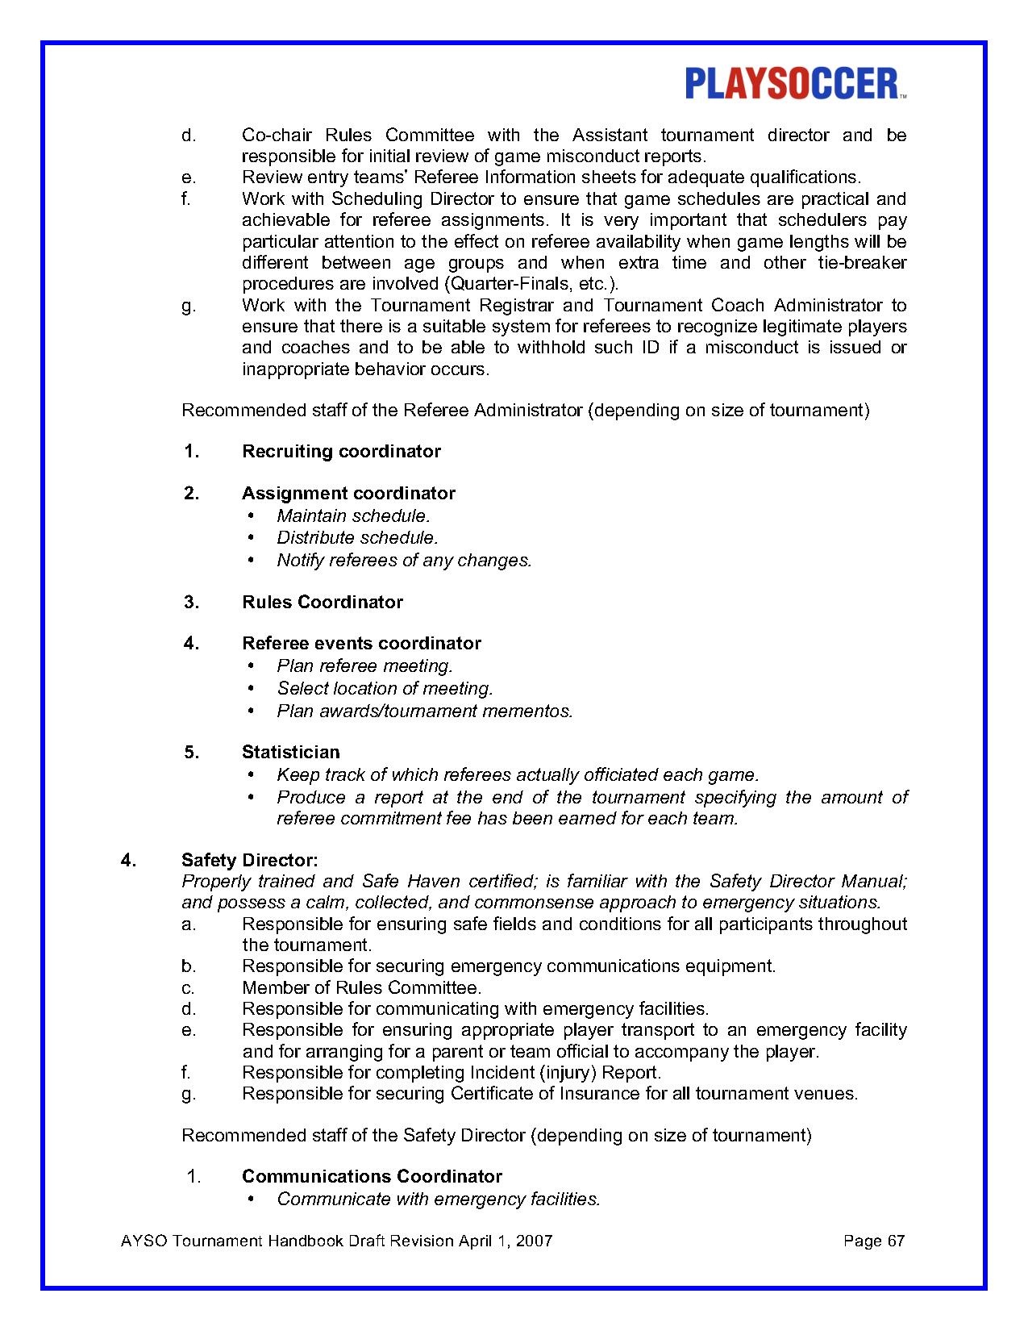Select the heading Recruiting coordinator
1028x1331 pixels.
[x=341, y=451]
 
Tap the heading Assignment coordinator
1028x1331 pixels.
[x=348, y=493]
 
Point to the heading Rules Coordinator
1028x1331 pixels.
[x=323, y=602]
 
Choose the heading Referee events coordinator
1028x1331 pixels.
[x=361, y=643]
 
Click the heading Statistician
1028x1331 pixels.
[x=291, y=752]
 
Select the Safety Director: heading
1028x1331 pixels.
[x=249, y=860]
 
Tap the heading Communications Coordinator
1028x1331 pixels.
[x=372, y=1176]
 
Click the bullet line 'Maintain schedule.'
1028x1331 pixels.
[x=353, y=515]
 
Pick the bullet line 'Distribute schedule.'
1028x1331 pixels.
[x=357, y=537]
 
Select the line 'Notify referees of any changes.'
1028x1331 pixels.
[x=404, y=560]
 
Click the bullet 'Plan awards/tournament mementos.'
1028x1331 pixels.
[x=424, y=711]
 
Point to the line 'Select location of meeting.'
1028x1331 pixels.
[x=385, y=688]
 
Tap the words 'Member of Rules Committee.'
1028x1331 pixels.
[x=361, y=987]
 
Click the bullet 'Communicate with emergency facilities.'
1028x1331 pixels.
[x=439, y=1199]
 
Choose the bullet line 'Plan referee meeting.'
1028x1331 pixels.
[x=364, y=665]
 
